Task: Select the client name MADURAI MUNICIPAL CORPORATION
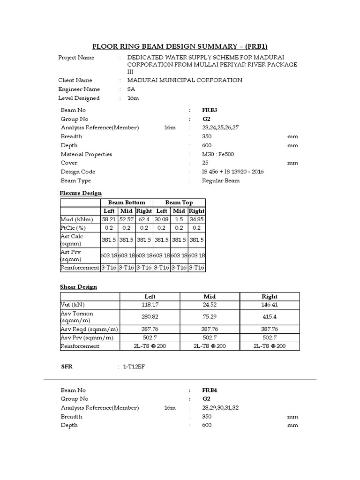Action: (181, 80)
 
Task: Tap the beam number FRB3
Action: (210, 110)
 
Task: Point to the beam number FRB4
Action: (210, 390)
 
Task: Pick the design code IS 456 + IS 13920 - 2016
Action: (233, 172)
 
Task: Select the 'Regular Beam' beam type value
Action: (221, 181)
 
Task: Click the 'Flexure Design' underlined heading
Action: (81, 193)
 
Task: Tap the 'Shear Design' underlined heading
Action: (78, 287)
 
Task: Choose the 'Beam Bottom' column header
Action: (127, 202)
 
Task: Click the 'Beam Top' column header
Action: (179, 202)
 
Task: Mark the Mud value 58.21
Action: (108, 219)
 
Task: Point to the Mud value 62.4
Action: (144, 219)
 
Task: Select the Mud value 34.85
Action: (196, 219)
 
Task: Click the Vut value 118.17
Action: (150, 305)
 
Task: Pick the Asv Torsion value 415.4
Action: (270, 317)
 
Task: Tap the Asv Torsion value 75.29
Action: (210, 317)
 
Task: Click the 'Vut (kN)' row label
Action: (74, 305)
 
